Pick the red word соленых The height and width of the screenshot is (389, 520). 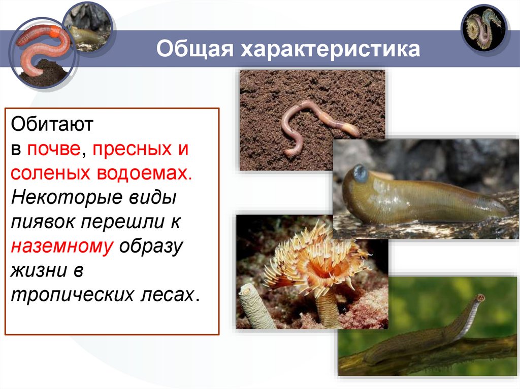(49, 173)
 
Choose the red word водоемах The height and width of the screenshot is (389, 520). (143, 173)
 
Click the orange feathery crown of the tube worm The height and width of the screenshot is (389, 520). (315, 259)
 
